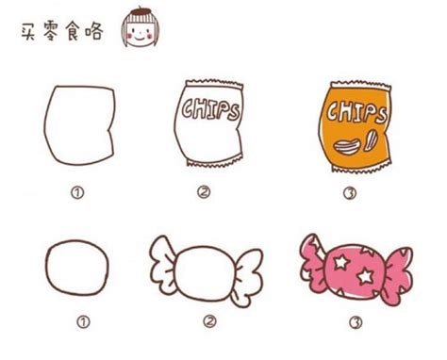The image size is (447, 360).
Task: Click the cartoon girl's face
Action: point(140,34)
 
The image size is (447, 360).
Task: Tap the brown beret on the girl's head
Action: point(141,11)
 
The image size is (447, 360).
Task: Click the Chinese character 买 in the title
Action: point(28,32)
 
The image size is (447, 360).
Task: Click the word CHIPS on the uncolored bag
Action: point(211,109)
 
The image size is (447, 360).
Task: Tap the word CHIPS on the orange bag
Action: point(356,112)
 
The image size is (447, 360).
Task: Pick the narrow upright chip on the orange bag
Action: point(371,139)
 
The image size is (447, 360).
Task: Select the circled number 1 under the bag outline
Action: point(77,192)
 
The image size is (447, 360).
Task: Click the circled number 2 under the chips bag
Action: point(204,191)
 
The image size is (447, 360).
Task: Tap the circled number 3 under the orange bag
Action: point(350,193)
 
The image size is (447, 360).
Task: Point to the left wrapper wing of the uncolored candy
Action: point(164,265)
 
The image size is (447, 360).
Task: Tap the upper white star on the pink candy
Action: point(341,262)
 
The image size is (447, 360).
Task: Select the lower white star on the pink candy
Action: point(366,276)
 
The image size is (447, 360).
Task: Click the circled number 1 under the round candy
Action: point(83,321)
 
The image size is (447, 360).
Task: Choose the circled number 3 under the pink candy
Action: point(356,322)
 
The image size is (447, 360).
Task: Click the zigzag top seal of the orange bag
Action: point(361,85)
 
